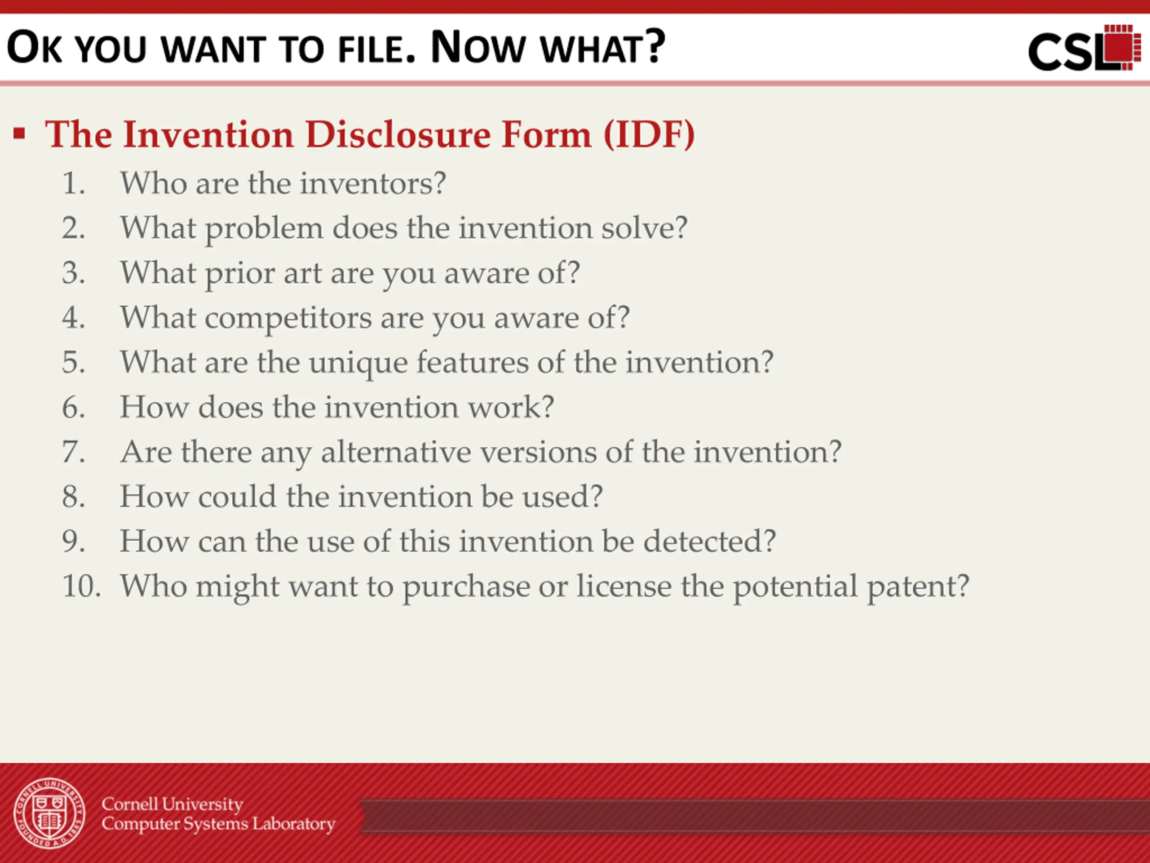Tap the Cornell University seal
pos(49,814)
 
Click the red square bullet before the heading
pos(20,133)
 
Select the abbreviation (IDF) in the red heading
pos(649,135)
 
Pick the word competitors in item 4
pos(288,318)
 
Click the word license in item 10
pos(624,586)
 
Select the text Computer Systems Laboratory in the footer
pos(218,824)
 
